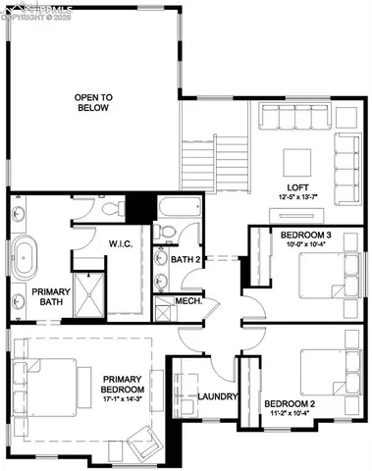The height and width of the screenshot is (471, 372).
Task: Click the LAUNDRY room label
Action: click(215, 397)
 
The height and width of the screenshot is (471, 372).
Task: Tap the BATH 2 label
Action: click(186, 259)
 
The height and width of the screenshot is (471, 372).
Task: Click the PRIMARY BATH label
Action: click(47, 298)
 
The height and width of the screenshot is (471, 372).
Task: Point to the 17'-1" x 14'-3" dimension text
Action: click(124, 400)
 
